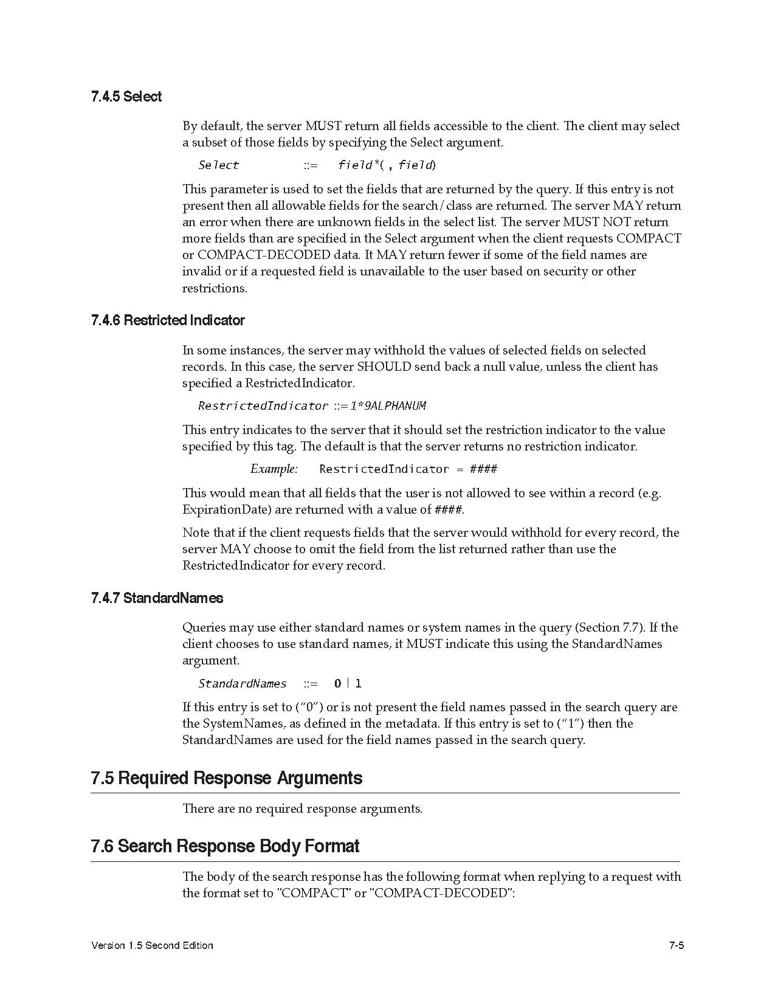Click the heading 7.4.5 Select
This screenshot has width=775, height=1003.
[x=126, y=97]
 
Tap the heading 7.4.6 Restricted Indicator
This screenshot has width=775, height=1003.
[x=168, y=320]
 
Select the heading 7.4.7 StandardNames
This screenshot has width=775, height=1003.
[x=157, y=598]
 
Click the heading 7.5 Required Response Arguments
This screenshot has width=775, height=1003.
[x=226, y=778]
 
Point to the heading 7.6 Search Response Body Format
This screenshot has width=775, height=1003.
[x=225, y=846]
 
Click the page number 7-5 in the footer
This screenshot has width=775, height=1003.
[x=677, y=945]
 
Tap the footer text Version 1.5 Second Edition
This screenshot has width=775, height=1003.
[x=152, y=945]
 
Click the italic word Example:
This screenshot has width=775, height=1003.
[x=274, y=469]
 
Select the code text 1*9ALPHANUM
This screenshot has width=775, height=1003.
[x=388, y=405]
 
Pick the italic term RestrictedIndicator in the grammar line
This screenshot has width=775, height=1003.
[x=263, y=405]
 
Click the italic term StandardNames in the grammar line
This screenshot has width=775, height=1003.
[x=242, y=683]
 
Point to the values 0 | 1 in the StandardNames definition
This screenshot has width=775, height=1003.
[x=348, y=683]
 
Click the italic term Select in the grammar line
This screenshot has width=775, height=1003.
[x=219, y=165]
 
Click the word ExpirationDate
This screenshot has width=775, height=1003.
[x=222, y=509]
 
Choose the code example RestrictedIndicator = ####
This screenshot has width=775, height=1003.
[x=408, y=469]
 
